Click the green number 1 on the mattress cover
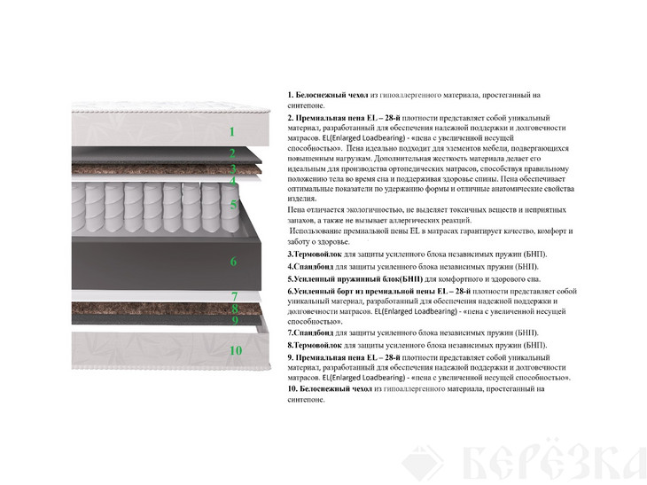tap(232, 132)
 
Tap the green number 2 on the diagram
tap(233, 153)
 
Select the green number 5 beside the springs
tap(234, 205)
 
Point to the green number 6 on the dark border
tap(234, 262)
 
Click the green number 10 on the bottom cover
tap(236, 350)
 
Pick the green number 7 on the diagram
tap(234, 296)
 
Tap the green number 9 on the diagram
tap(235, 320)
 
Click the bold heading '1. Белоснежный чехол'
tap(328, 95)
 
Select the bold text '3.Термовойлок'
tap(315, 254)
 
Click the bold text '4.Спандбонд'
tap(310, 267)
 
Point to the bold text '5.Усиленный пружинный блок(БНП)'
tap(355, 279)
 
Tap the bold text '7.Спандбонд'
tap(310, 332)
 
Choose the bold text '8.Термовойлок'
tap(315, 345)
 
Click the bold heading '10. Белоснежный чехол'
tap(330, 389)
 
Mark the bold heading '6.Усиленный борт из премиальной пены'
tap(378, 292)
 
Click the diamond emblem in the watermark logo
tap(423, 463)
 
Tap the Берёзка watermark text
tap(554, 461)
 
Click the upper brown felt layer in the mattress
tap(167, 169)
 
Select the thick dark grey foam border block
tap(167, 263)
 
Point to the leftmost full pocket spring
tap(95, 207)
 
